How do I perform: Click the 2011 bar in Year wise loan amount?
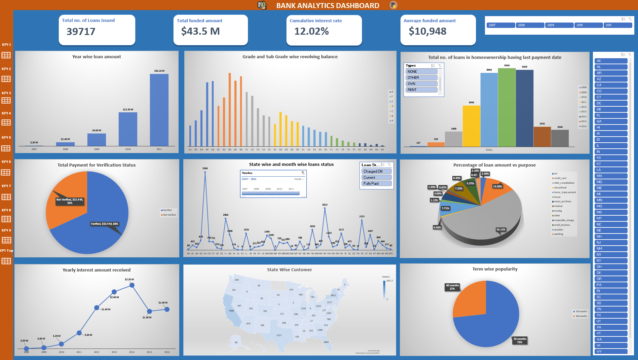159,110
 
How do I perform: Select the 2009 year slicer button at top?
559,25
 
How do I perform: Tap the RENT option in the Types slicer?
421,90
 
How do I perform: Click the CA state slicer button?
610,85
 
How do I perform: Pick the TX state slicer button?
610,315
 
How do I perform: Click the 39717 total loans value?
81,32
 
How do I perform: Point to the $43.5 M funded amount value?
200,31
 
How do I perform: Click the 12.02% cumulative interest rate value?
311,31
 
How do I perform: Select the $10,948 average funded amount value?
427,31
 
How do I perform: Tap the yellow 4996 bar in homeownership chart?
471,126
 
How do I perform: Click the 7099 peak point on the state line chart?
205,172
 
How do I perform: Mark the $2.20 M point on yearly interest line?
132,285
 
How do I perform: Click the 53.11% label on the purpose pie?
500,229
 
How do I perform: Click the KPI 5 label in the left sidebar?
6,137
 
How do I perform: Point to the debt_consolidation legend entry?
564,183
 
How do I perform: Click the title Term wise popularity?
495,269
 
